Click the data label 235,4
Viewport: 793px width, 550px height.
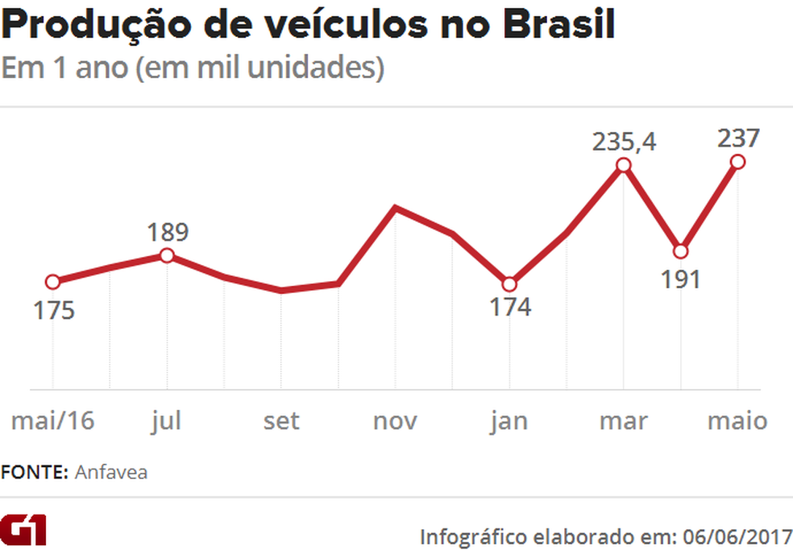click(625, 143)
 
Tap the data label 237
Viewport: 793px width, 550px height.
click(737, 139)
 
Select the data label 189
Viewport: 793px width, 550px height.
click(168, 233)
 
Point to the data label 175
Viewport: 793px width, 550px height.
click(54, 310)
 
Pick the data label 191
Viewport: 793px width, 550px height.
click(680, 279)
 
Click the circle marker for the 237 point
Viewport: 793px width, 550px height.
click(737, 162)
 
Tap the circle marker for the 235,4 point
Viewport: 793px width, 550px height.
click(623, 165)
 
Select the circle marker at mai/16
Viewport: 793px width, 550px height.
click(53, 282)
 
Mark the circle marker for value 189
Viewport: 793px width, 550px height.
click(167, 255)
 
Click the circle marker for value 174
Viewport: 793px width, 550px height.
click(509, 284)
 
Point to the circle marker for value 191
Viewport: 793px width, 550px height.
click(680, 250)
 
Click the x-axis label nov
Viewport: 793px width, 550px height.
click(395, 420)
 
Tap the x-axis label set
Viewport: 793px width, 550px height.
click(281, 420)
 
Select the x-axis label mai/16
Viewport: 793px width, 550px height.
click(53, 420)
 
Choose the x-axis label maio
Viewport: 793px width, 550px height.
click(737, 420)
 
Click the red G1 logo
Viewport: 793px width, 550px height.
click(23, 530)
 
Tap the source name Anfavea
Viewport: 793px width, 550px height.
click(111, 473)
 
